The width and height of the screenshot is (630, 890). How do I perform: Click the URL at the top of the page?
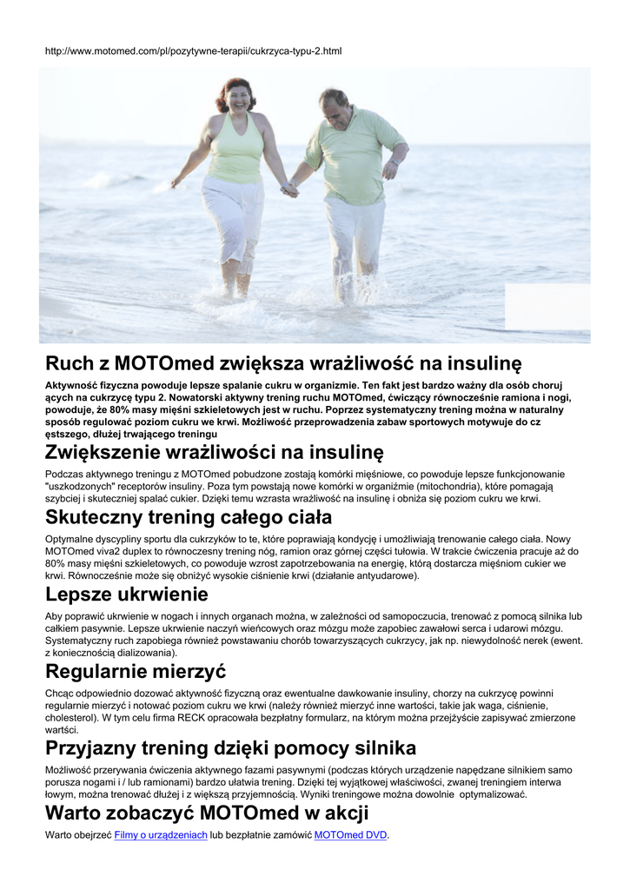pyautogui.click(x=193, y=51)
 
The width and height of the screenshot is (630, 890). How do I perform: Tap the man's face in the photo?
pyautogui.click(x=335, y=108)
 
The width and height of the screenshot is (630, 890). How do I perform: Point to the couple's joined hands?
pyautogui.click(x=289, y=188)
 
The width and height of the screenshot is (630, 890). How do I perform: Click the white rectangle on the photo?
pyautogui.click(x=547, y=306)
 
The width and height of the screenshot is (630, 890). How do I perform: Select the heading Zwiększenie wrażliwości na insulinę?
pyautogui.click(x=214, y=452)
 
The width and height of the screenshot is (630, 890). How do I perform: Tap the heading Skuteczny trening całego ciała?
pyautogui.click(x=189, y=517)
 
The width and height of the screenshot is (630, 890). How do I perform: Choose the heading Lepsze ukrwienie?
pyautogui.click(x=127, y=594)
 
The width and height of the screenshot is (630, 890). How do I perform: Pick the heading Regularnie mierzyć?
pyautogui.click(x=136, y=671)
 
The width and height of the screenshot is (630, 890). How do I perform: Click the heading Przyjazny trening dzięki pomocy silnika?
pyautogui.click(x=230, y=747)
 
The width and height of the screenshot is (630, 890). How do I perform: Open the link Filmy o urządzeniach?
pyautogui.click(x=161, y=835)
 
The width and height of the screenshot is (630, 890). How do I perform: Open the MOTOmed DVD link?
pyautogui.click(x=350, y=835)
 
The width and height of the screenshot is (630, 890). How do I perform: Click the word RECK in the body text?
pyautogui.click(x=191, y=718)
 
